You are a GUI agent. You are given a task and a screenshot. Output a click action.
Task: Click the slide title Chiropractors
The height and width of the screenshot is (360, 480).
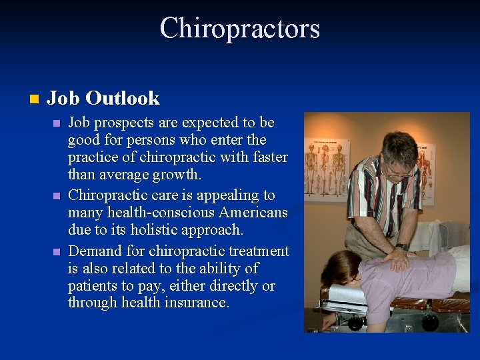coord(240,29)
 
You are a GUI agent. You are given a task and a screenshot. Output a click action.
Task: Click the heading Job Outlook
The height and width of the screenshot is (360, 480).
coord(103,99)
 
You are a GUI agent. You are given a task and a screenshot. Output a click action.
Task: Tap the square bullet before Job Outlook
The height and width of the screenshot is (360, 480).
coord(35,99)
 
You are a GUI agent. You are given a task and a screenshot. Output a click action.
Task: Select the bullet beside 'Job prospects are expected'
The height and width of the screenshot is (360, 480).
coord(57,123)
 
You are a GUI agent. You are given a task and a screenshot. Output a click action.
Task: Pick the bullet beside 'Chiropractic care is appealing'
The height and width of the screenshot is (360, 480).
coord(57,197)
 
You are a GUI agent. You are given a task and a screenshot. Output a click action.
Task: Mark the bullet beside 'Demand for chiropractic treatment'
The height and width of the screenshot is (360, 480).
coord(57,252)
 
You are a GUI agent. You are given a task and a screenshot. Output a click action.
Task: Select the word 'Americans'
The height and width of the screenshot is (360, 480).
coord(257,213)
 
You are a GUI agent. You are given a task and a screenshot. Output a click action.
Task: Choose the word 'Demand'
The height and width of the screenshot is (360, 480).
coord(92,251)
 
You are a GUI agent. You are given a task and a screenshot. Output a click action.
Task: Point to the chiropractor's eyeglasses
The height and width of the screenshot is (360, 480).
coord(399,172)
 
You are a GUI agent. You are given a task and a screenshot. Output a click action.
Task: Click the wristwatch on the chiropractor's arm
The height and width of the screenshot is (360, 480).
coord(403,247)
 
